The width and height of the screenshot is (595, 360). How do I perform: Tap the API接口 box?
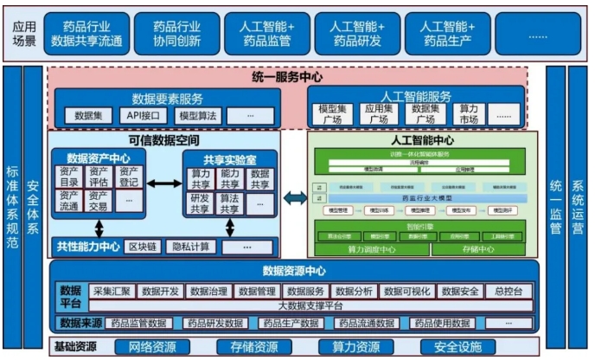pos(138,115)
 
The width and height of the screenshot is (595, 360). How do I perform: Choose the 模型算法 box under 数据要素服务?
pos(197,115)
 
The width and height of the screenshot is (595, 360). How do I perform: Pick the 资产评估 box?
pos(99,177)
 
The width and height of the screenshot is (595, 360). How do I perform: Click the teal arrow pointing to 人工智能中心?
pos(295,198)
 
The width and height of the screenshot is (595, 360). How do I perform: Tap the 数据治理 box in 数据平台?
pos(208,292)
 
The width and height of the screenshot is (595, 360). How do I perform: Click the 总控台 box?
pos(509,292)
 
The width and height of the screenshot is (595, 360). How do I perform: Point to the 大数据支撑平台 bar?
pos(309,305)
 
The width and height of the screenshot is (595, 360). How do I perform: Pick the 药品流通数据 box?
pos(368,324)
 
